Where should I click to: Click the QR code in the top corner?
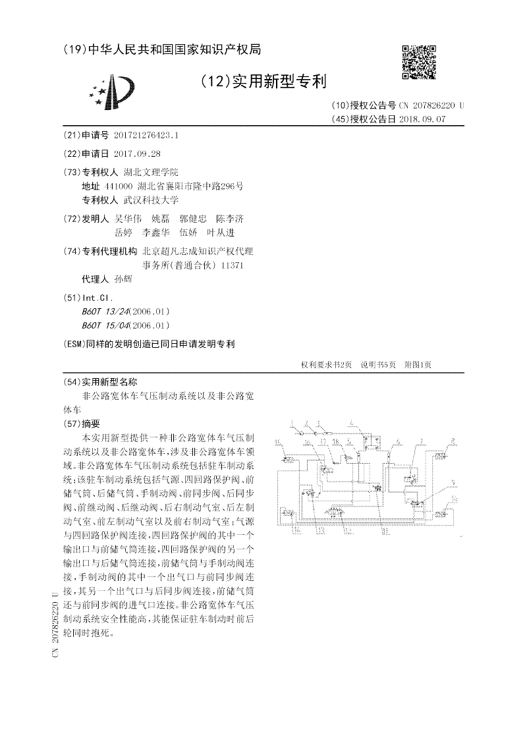click(x=418, y=63)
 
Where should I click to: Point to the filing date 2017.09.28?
click(x=136, y=153)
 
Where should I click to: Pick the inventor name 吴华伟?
click(x=128, y=219)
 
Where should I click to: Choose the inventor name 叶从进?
click(x=221, y=233)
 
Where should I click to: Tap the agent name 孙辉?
click(x=123, y=279)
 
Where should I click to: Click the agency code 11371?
click(x=233, y=265)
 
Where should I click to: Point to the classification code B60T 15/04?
click(x=106, y=325)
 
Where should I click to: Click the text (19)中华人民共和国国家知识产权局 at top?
click(x=163, y=49)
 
